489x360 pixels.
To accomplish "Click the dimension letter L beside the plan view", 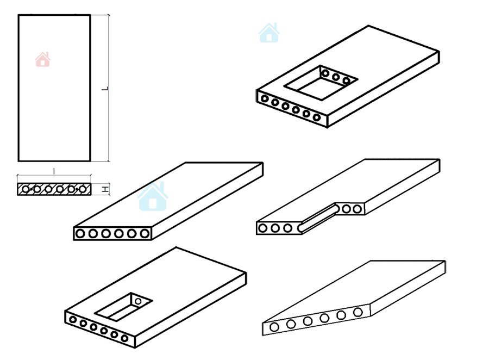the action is click(106, 88).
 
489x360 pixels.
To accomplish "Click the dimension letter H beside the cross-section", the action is click(106, 189).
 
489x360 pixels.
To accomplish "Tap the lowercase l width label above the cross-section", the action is click(54, 171).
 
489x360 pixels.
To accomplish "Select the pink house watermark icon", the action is click(43, 59).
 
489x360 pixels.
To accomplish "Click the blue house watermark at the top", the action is click(269, 33).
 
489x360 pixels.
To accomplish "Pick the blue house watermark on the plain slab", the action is click(153, 196).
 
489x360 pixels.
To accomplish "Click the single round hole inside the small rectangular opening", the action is click(138, 301).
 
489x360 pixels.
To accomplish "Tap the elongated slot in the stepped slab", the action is click(318, 218).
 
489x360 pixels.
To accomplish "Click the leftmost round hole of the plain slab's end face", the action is click(80, 233).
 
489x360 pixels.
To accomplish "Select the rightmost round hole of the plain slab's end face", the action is click(145, 233).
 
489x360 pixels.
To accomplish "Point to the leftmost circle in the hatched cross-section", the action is click(26, 189).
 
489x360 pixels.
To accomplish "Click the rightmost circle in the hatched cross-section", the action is click(83, 189).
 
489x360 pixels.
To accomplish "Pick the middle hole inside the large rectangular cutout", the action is click(336, 77).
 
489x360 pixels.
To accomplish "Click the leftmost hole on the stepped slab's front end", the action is click(263, 228).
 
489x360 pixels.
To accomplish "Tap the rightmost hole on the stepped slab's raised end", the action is click(358, 209).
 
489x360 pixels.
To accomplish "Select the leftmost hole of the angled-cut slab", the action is click(274, 327).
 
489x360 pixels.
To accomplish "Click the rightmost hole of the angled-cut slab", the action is click(358, 312).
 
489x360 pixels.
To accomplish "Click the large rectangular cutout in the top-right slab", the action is click(321, 83).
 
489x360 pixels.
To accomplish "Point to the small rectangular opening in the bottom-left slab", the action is click(123, 307).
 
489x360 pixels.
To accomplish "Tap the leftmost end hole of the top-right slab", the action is click(265, 98).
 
